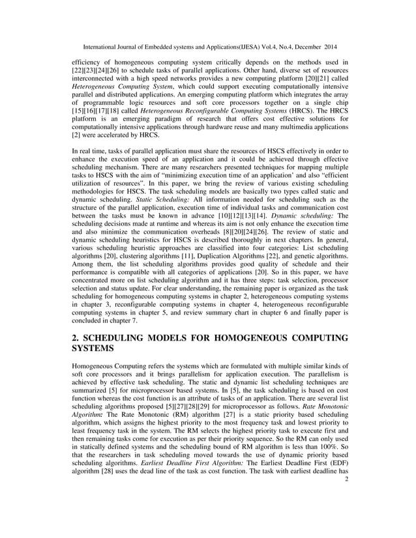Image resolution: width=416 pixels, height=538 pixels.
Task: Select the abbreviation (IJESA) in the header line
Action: (229, 47)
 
